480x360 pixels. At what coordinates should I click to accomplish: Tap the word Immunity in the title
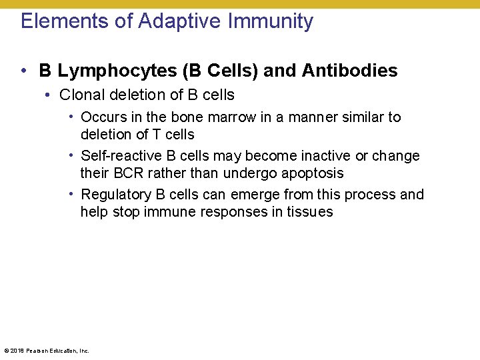coord(271,21)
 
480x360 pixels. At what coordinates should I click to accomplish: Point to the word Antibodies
coord(350,71)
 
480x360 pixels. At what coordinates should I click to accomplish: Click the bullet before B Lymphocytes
coord(23,71)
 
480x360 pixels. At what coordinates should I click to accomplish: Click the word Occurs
coord(102,117)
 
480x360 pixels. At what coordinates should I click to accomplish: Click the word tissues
coord(311,212)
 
